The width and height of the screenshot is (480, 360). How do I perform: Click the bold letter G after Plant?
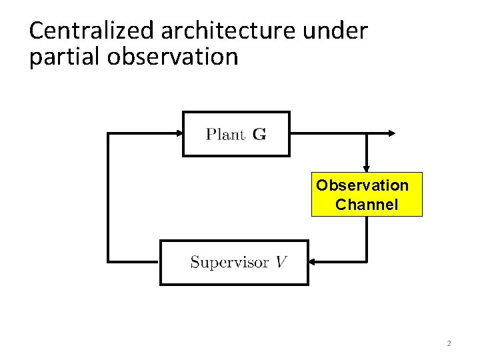click(259, 134)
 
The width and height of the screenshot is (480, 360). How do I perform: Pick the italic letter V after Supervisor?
click(282, 261)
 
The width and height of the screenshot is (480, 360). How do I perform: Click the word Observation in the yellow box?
click(363, 184)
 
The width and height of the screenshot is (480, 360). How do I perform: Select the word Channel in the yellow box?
click(367, 205)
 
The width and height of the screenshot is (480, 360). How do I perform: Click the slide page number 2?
click(449, 343)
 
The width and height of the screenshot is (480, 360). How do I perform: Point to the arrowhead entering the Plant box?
click(177, 133)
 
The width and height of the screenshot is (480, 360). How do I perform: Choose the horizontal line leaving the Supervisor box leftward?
click(133, 260)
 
